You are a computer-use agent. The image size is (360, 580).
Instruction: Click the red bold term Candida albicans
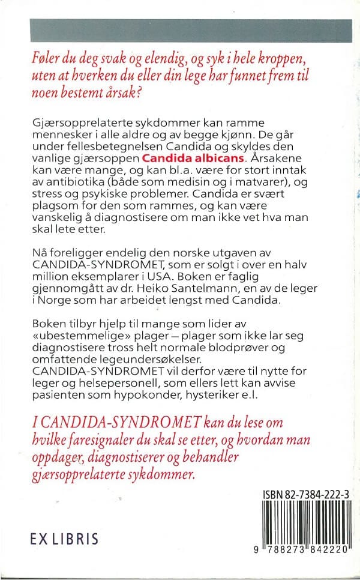coord(193,159)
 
